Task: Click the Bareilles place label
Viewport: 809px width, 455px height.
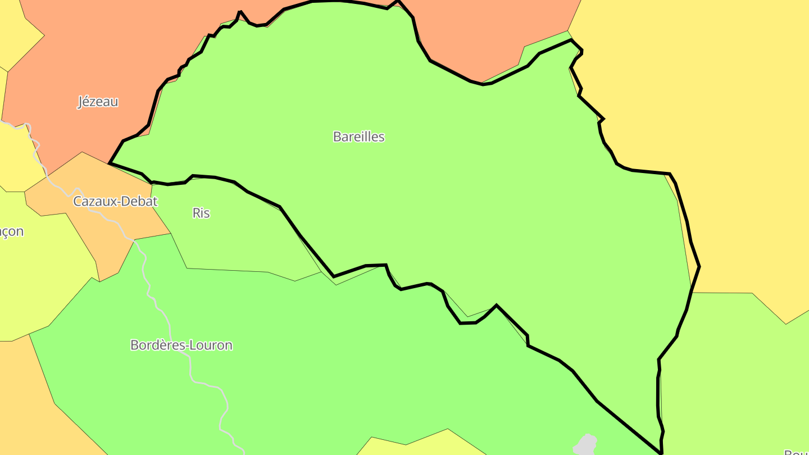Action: click(358, 136)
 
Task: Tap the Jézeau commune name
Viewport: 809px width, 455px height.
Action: click(98, 102)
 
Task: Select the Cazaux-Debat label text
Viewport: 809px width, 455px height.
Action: click(115, 201)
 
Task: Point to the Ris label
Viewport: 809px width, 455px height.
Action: click(201, 213)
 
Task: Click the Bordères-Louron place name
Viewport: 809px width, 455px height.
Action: click(181, 345)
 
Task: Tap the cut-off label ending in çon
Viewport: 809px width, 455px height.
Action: click(11, 231)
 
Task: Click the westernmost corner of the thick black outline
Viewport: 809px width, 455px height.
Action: click(110, 163)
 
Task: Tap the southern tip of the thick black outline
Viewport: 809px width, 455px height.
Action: click(661, 452)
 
